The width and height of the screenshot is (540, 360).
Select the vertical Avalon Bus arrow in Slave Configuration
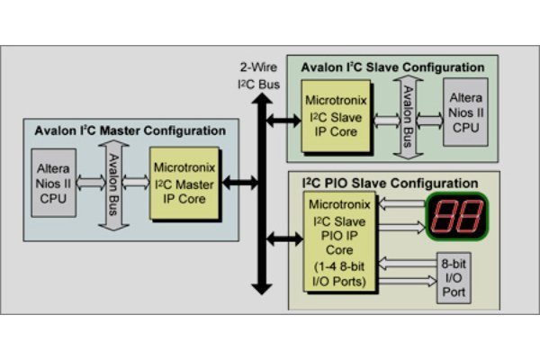coord(405,114)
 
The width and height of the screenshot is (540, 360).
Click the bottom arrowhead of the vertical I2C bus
coord(261,288)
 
